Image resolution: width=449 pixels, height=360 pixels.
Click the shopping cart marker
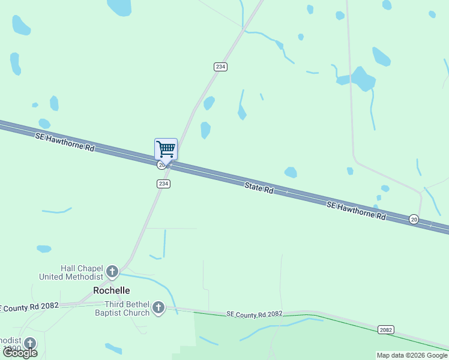(166, 149)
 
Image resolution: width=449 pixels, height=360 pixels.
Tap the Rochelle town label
(112, 290)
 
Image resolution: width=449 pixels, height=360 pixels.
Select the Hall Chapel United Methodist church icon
(112, 272)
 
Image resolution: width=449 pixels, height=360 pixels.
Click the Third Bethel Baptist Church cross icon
(158, 308)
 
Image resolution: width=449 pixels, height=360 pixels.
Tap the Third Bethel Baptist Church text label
(118, 308)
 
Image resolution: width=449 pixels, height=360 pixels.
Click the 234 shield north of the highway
(220, 67)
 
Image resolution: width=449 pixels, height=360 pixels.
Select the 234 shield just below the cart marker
(163, 184)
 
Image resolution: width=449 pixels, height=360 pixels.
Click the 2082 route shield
(386, 330)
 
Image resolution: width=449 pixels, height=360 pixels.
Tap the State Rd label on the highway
(259, 188)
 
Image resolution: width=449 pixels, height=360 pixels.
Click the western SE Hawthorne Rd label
(65, 142)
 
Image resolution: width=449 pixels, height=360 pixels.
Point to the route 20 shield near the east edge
(414, 220)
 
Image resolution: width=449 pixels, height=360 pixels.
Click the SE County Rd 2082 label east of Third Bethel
(255, 314)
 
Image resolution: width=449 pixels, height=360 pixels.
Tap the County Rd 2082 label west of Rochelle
(30, 306)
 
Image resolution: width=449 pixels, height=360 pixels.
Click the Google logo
(20, 353)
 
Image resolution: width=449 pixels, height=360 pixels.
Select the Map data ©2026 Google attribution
(412, 355)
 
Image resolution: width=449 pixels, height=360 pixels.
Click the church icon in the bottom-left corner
(29, 343)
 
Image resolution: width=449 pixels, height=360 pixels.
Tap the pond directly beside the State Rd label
(291, 172)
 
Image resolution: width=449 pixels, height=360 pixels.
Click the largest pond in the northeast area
(363, 79)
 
